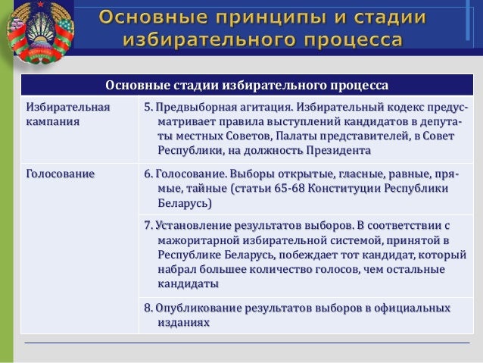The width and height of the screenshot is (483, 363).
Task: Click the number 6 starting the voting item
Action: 148,174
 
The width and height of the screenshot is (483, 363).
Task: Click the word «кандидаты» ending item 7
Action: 189,284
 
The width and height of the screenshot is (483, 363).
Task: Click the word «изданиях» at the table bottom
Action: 182,322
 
